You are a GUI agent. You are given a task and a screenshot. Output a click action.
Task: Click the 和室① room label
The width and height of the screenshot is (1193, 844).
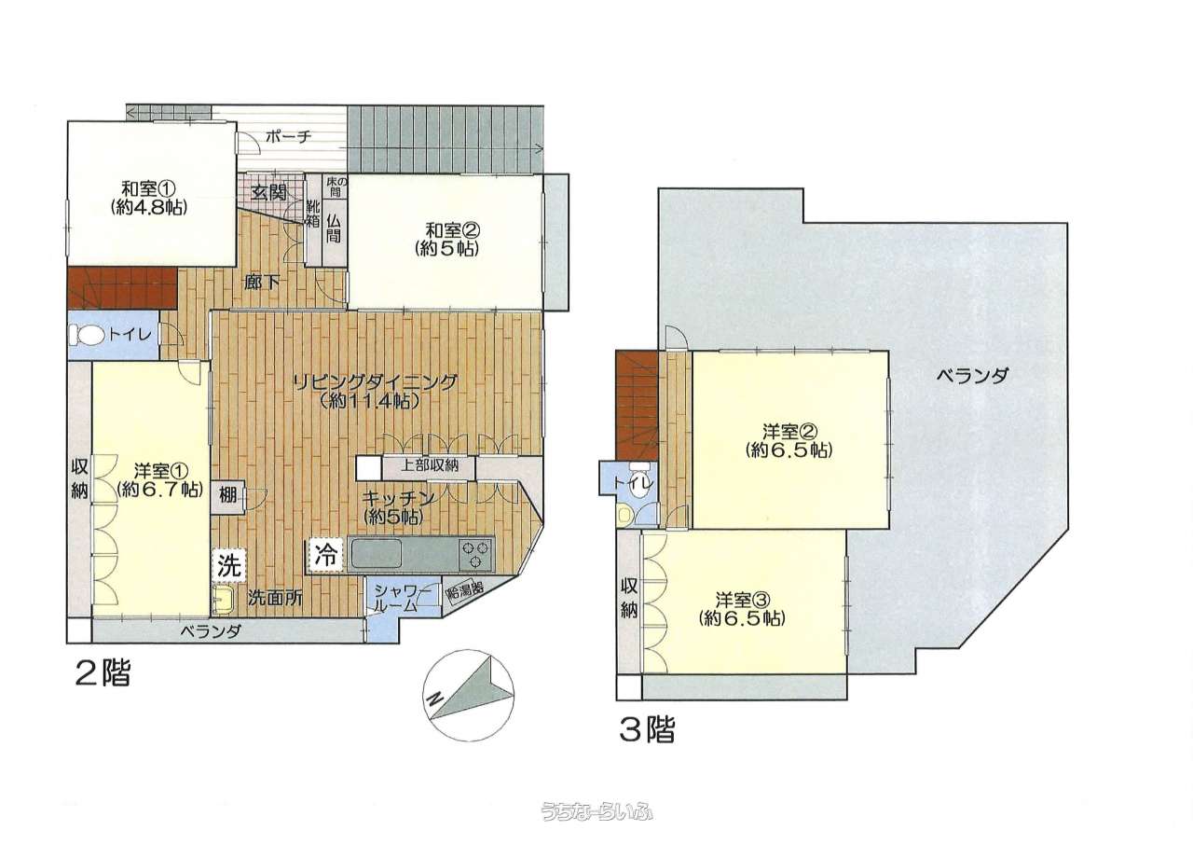(x=148, y=188)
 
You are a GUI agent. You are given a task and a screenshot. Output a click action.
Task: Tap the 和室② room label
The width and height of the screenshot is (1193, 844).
(x=453, y=230)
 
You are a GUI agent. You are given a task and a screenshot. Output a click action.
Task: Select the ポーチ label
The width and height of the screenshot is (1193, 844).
(x=288, y=137)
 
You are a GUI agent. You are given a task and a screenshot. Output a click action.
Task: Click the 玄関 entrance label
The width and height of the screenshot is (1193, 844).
(x=269, y=192)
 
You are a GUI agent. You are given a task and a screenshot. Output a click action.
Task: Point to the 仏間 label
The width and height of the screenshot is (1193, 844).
(x=334, y=228)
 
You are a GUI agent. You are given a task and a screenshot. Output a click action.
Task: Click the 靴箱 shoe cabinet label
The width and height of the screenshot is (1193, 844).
(x=312, y=214)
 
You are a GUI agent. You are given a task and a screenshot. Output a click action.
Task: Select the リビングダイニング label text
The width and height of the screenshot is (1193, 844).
(x=376, y=382)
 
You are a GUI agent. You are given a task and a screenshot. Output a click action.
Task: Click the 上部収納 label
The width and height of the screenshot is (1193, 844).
(x=430, y=465)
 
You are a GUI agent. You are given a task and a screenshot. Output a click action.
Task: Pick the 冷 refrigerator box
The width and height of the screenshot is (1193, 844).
(x=326, y=556)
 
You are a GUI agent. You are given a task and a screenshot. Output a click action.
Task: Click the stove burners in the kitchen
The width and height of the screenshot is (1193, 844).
(x=476, y=555)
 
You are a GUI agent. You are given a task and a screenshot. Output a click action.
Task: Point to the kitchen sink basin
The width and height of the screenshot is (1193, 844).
(x=375, y=555)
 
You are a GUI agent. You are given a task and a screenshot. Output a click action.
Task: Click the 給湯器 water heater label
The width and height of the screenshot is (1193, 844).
(x=465, y=589)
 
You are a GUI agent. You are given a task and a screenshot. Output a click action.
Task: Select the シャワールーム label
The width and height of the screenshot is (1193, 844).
(x=403, y=598)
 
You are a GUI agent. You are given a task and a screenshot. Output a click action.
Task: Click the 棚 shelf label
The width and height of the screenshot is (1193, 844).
(x=228, y=496)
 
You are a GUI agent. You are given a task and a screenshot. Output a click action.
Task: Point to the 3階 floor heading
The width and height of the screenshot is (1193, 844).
(x=647, y=730)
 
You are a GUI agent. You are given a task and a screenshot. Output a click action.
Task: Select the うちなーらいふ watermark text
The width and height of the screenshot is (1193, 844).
(x=596, y=812)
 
